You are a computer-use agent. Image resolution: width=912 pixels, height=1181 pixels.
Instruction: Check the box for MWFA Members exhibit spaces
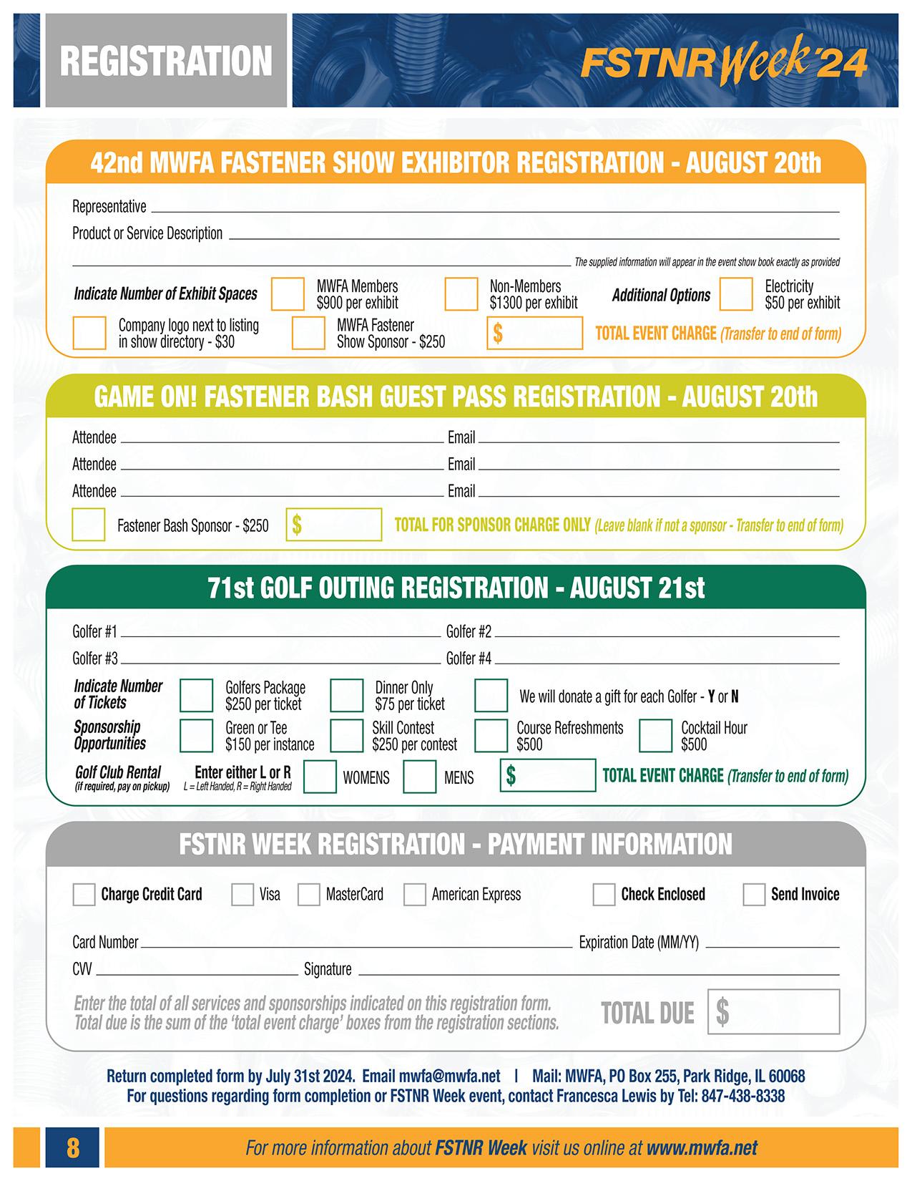[x=288, y=294]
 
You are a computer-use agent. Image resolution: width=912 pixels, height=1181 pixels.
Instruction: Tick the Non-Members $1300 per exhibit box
[x=461, y=294]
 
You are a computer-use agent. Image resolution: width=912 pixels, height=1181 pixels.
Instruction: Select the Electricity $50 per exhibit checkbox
[x=736, y=294]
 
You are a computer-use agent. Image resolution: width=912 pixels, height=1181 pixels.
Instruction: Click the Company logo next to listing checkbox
[x=89, y=333]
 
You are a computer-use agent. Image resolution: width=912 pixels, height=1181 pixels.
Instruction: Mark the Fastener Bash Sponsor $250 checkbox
[x=89, y=525]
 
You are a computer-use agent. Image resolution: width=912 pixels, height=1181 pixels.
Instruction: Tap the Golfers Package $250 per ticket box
[x=196, y=695]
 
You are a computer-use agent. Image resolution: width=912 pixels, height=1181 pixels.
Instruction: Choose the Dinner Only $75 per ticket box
[x=346, y=695]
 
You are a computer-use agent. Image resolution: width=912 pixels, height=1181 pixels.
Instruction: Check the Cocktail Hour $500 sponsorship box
[x=654, y=736]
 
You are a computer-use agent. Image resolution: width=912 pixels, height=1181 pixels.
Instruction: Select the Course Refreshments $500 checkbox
[x=491, y=736]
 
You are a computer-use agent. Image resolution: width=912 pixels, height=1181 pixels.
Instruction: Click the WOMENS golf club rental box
[x=320, y=777]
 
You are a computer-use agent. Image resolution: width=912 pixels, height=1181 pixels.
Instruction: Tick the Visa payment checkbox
[x=242, y=894]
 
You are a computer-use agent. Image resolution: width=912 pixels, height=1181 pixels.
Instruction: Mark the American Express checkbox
[x=415, y=894]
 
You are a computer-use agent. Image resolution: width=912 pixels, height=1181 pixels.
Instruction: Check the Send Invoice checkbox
[x=754, y=894]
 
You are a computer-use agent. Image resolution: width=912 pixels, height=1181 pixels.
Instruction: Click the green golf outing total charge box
[x=547, y=775]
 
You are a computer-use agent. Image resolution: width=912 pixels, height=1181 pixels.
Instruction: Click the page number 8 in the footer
[x=73, y=1148]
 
